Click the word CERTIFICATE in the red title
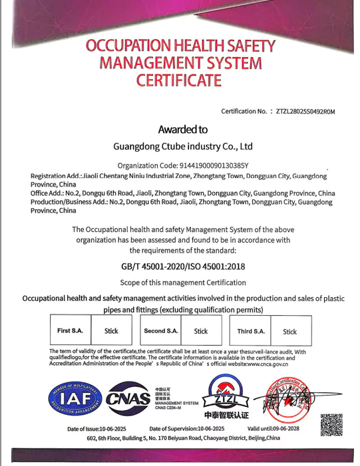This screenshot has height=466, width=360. [180, 81]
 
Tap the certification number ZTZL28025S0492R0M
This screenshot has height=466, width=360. [305, 112]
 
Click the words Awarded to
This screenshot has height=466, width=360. [182, 130]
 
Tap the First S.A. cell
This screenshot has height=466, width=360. [70, 330]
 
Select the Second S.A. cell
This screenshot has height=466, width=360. [160, 330]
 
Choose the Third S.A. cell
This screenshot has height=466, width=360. [251, 330]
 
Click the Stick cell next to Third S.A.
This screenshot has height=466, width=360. [290, 331]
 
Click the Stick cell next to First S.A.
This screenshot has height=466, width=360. [111, 330]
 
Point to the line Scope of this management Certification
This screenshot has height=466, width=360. [184, 283]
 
